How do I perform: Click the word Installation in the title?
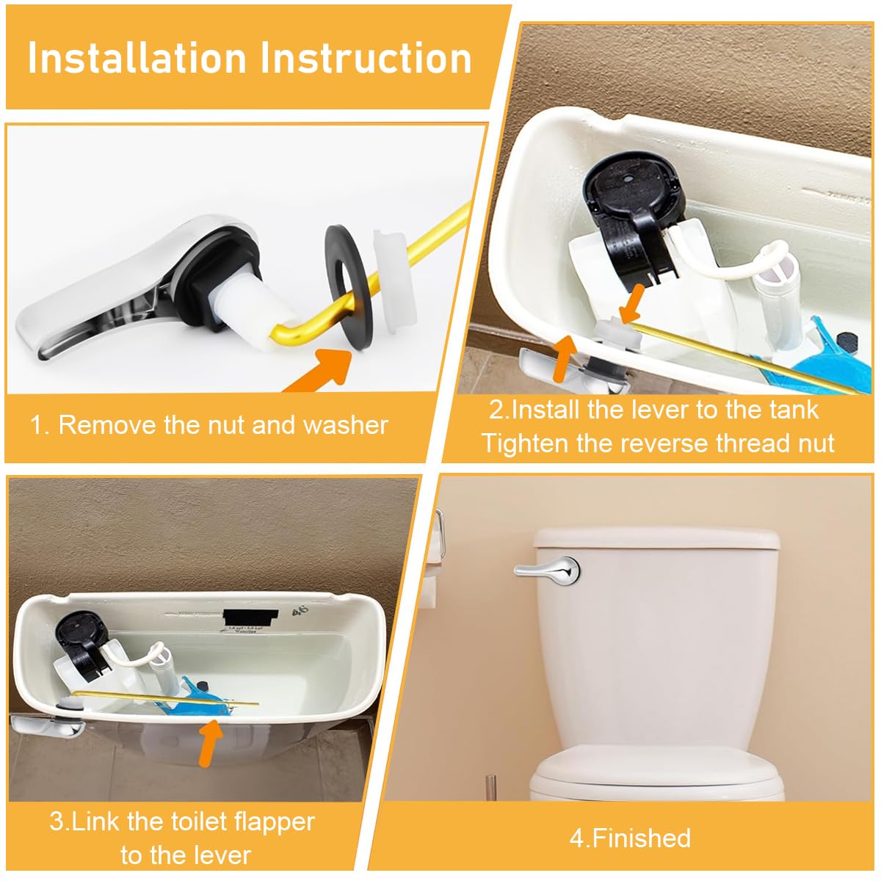click(x=137, y=59)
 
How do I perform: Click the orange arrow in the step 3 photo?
click(x=210, y=742)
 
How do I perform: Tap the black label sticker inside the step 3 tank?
click(x=250, y=617)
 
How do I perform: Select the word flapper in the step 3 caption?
click(x=272, y=822)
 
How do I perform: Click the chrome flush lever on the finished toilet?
click(x=547, y=569)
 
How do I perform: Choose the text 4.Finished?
click(x=630, y=838)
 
